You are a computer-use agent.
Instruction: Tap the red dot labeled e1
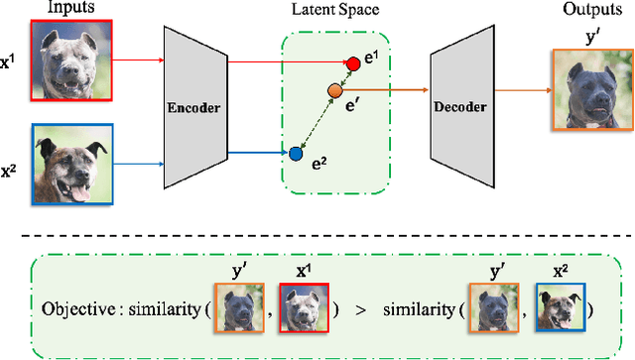(352, 64)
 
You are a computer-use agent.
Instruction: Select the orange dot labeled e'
(335, 92)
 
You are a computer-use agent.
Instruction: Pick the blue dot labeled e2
(295, 154)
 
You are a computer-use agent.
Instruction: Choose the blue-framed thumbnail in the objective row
(562, 309)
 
